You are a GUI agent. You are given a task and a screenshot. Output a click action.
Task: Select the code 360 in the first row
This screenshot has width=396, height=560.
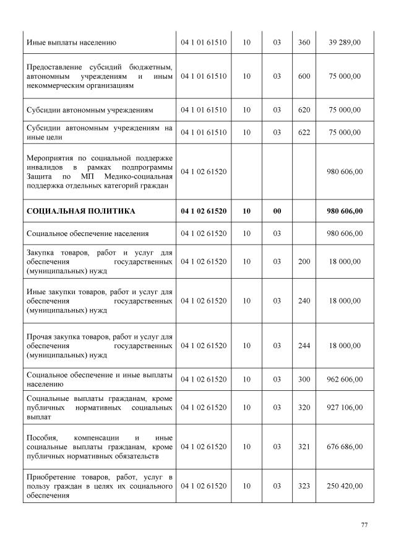304,43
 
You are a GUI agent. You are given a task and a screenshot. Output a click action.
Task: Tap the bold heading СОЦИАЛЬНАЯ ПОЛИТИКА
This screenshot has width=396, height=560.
81,211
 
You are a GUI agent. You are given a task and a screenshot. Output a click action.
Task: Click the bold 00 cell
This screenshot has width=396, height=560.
277,211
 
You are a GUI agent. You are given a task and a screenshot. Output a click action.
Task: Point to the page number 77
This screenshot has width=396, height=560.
364,525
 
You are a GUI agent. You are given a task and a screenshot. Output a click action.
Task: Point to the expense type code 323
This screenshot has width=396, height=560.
304,486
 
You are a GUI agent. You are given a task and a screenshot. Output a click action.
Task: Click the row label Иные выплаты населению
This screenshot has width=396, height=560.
72,43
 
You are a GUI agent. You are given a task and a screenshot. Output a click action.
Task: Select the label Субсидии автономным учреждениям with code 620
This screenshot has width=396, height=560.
90,110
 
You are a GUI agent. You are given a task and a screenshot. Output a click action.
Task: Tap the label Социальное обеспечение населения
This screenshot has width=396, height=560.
87,234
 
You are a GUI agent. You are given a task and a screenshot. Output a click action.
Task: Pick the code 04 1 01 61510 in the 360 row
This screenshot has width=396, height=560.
204,43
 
